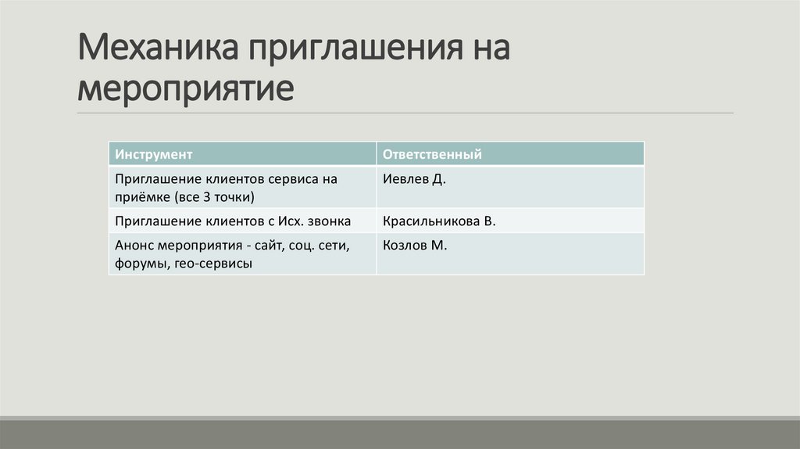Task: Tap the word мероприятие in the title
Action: tap(186, 88)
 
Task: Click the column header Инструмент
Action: tap(154, 154)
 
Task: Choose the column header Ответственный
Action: tap(432, 154)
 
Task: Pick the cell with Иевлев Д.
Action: tap(414, 179)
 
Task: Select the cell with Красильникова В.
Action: tap(439, 221)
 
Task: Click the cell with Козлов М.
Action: tap(415, 246)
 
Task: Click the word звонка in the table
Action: tap(326, 221)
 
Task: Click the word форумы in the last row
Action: tap(137, 264)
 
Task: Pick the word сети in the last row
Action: tap(335, 246)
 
